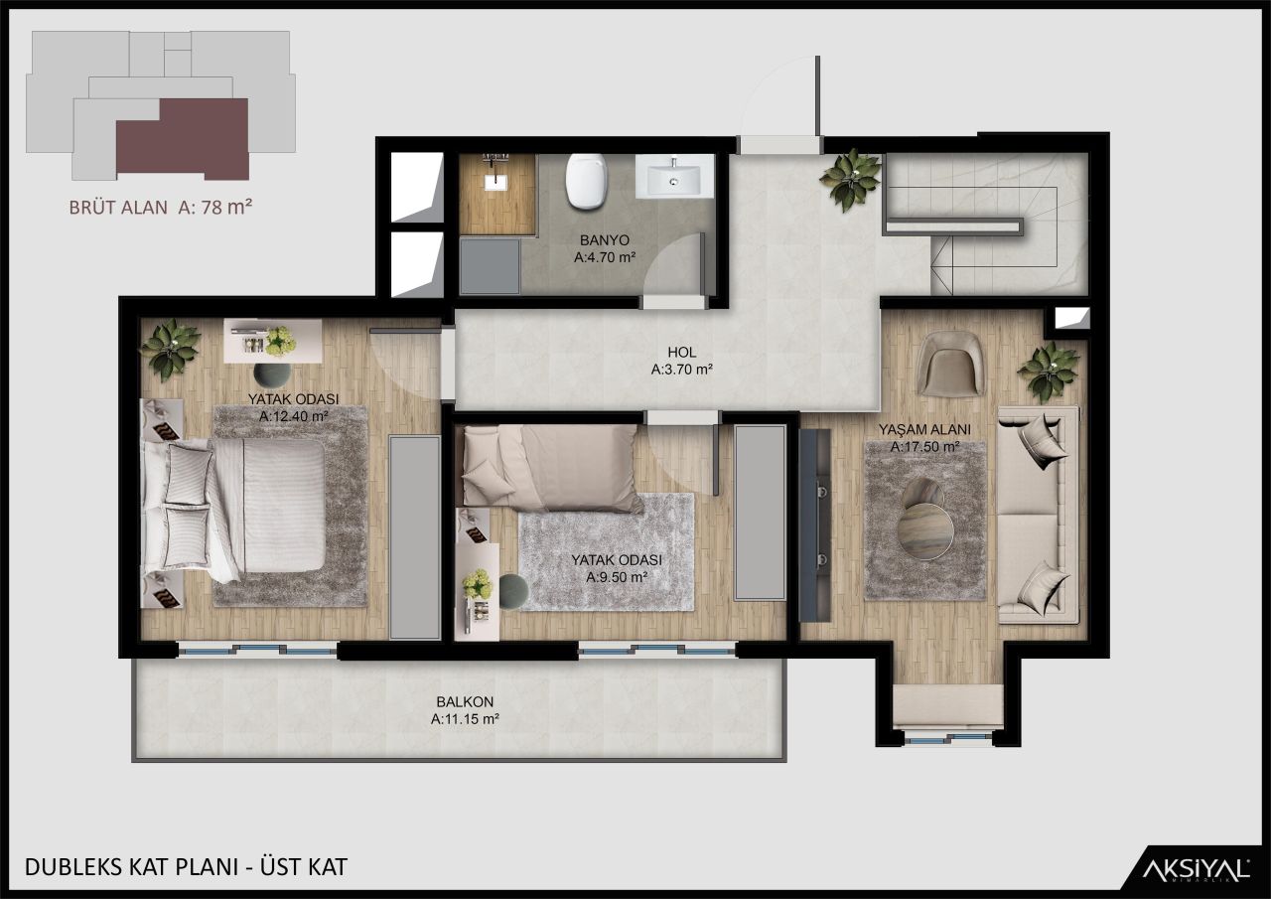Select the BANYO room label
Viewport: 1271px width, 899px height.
(x=604, y=240)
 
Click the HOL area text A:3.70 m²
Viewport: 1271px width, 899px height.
(x=682, y=370)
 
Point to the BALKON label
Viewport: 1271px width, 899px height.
(x=464, y=701)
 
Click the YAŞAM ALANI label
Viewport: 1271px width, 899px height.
(x=923, y=430)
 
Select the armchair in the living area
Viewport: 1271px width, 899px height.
(x=950, y=364)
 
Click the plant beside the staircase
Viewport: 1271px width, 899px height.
(x=850, y=179)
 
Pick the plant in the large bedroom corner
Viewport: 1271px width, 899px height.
(x=171, y=348)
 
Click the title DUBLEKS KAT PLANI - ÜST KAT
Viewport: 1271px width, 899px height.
(x=186, y=866)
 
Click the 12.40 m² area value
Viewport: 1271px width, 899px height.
(x=294, y=416)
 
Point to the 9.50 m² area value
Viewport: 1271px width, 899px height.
(x=616, y=576)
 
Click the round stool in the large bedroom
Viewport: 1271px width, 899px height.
(x=272, y=374)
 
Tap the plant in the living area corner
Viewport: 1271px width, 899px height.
(x=1049, y=371)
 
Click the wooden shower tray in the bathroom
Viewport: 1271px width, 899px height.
(x=496, y=195)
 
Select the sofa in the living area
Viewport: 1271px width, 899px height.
(x=1038, y=514)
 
